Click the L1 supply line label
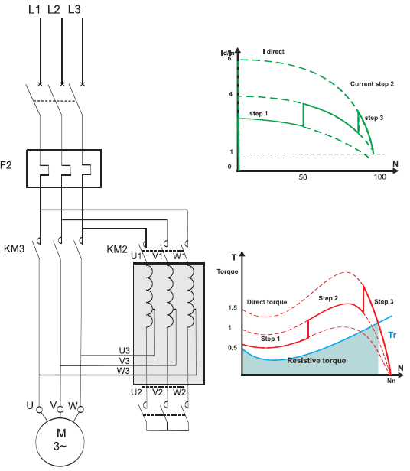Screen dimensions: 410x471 [x=34, y=9]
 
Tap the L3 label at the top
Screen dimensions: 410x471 [x=74, y=9]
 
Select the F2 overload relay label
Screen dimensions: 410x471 [x=5, y=165]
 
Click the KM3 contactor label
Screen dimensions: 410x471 [x=14, y=248]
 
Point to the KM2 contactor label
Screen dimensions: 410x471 [x=117, y=249]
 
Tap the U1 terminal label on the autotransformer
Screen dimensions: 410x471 [x=136, y=256]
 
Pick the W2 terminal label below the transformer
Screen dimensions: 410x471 [x=179, y=392]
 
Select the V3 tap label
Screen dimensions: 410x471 [x=125, y=360]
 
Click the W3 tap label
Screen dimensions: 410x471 [x=123, y=371]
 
